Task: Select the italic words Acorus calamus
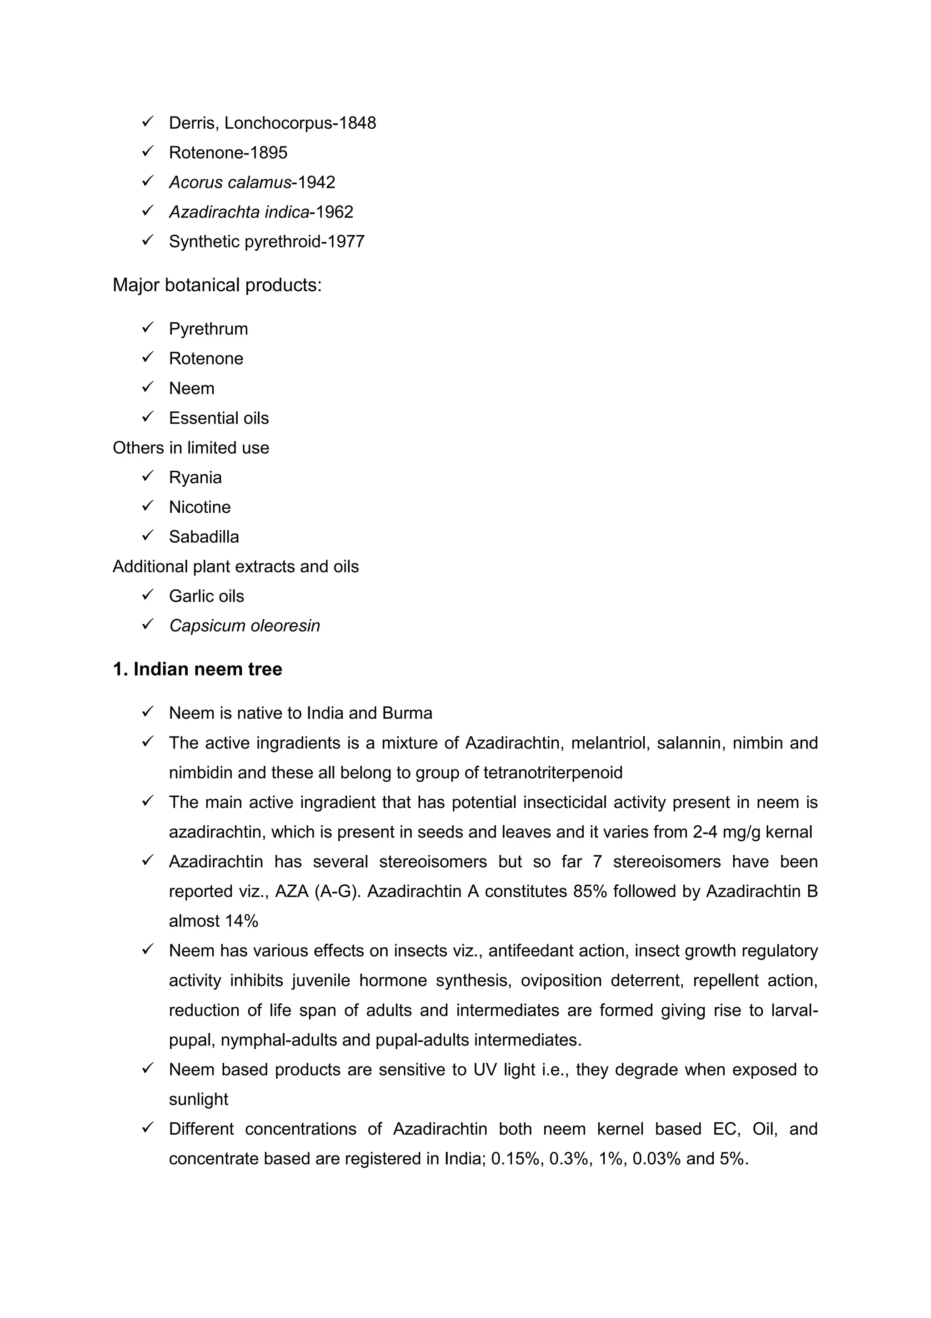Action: [230, 182]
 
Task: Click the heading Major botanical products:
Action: [217, 285]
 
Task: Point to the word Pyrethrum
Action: [208, 329]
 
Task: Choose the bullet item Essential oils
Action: [219, 418]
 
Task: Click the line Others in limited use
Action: [190, 448]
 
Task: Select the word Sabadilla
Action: [204, 537]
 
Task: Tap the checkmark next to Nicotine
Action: [147, 506]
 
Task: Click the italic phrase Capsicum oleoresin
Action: [245, 625]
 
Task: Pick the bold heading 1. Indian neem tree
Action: [197, 669]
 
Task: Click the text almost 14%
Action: [213, 921]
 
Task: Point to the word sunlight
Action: [199, 1099]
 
